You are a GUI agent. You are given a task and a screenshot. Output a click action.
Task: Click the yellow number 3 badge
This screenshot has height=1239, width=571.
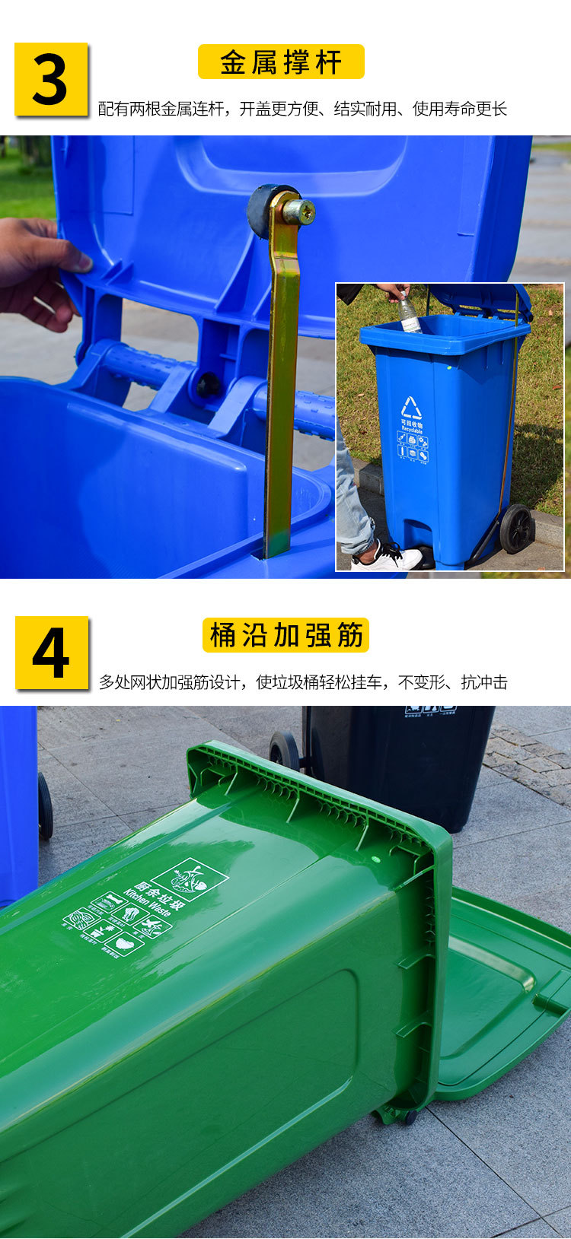coord(51,80)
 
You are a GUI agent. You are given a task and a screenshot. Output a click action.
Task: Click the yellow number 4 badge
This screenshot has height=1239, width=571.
coord(52,653)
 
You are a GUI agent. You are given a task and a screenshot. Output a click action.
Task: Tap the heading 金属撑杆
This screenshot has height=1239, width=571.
coord(281,62)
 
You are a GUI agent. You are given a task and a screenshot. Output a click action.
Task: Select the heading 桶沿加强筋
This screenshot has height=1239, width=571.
coord(285,635)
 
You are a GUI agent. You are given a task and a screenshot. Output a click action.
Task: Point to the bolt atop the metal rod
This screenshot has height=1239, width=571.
coord(305,211)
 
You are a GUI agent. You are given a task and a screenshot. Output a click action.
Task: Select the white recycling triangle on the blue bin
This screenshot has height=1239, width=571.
coord(412,407)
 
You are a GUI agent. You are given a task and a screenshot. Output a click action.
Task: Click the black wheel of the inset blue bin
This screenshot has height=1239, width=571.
coord(517,529)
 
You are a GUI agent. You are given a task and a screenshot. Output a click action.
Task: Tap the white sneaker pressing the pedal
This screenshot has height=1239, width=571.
coord(387,558)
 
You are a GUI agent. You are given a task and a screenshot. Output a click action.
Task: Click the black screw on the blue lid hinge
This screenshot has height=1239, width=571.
coord(206,384)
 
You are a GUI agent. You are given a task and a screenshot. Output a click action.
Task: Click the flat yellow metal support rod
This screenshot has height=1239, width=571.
coord(281,380)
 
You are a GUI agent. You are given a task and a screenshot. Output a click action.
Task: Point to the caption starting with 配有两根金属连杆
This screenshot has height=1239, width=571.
coord(302,110)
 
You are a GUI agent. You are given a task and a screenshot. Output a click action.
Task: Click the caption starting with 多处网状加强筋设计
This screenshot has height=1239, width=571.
coord(302,682)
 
